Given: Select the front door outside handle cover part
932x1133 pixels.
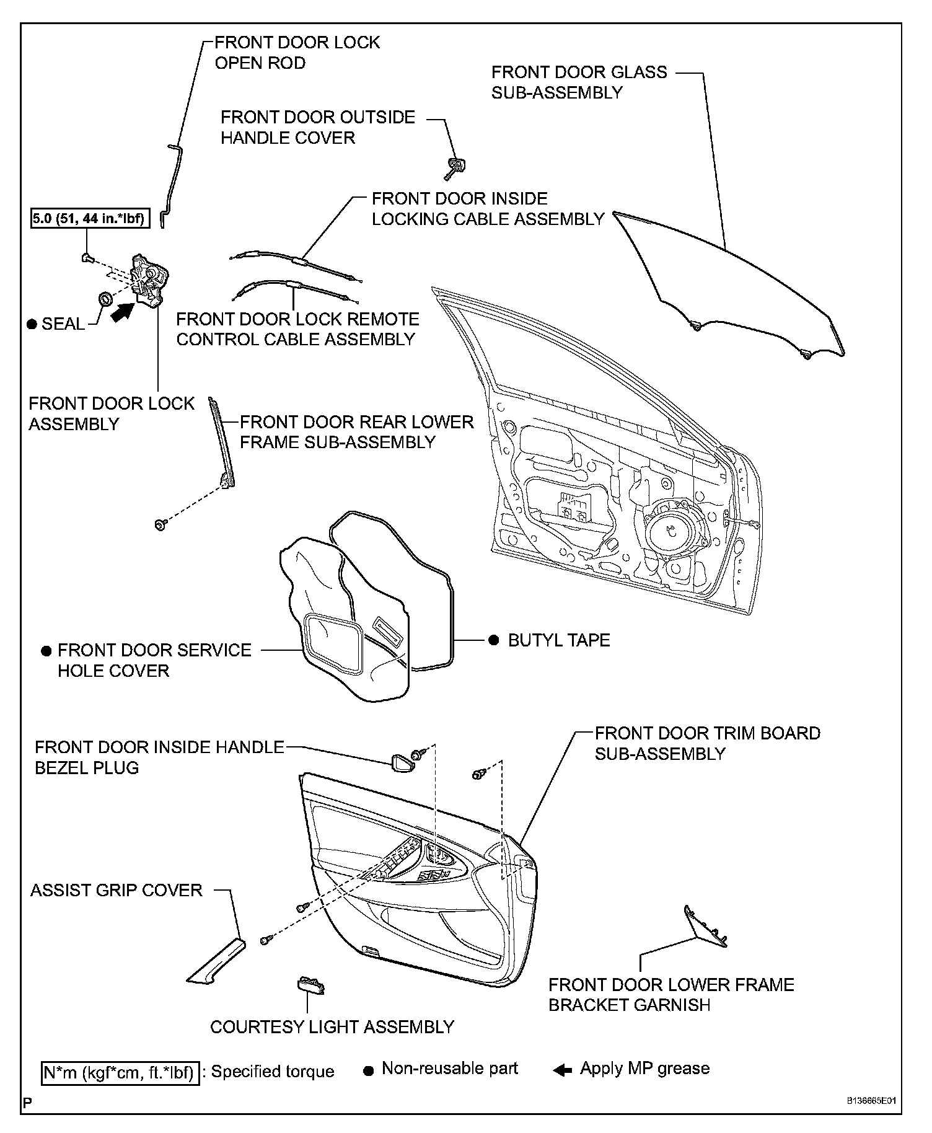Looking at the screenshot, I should (x=456, y=166).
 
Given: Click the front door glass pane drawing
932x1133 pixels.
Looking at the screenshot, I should (x=731, y=285).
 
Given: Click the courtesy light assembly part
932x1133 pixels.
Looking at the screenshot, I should (x=310, y=985).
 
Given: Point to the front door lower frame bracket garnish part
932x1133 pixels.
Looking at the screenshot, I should (x=705, y=926).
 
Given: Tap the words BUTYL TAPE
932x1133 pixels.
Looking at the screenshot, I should (x=558, y=640).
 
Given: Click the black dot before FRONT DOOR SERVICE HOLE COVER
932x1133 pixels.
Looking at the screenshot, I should (x=46, y=651).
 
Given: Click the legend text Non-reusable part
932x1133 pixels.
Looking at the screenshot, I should (x=449, y=1069).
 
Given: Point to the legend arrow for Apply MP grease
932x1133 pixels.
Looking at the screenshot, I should (x=562, y=1070).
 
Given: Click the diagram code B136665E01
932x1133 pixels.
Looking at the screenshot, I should (x=872, y=1101).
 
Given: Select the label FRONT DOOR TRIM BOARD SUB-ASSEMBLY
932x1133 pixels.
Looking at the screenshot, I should (x=707, y=743).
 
